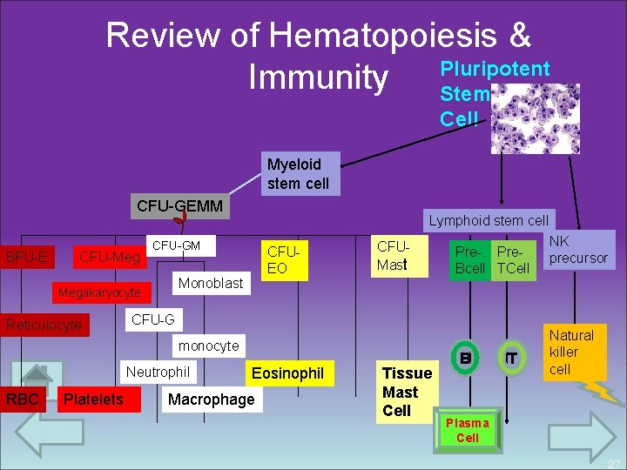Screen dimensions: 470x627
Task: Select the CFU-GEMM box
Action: tap(180, 207)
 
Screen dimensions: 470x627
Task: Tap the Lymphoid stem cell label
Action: tap(488, 220)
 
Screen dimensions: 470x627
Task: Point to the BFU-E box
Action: tap(27, 257)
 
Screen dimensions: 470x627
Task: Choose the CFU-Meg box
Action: tap(109, 257)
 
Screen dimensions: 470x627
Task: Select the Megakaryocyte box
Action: tap(99, 292)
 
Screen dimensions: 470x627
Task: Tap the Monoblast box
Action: tap(210, 283)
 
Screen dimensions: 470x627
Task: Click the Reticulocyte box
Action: tap(44, 326)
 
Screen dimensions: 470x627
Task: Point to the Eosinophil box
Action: tap(287, 373)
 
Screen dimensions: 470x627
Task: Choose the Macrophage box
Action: tap(211, 399)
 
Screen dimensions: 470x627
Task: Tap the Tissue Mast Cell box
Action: tap(407, 392)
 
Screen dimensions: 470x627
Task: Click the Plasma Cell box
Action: tap(468, 430)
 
